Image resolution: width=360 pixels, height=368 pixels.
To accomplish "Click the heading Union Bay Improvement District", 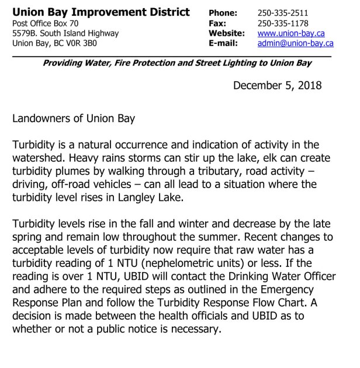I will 101,12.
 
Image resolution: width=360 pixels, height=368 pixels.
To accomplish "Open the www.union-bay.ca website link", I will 291,33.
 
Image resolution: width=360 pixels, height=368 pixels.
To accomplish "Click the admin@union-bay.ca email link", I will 296,43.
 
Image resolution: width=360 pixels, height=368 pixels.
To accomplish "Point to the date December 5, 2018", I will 277,86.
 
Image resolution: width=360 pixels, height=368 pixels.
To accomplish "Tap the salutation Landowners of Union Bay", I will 74,119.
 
